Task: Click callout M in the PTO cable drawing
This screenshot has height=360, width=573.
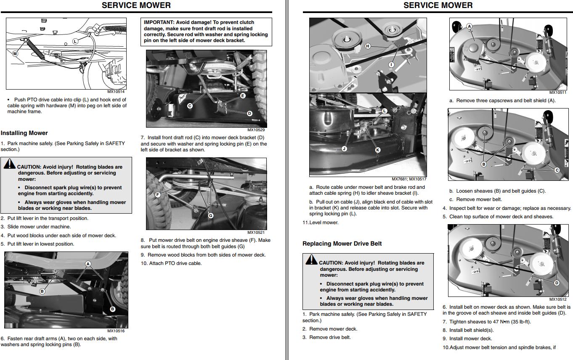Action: (15, 53)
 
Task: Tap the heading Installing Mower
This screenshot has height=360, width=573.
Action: (24, 133)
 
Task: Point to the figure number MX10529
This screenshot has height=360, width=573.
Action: (256, 130)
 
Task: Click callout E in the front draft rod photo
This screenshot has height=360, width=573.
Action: (243, 96)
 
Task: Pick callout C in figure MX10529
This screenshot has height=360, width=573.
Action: (190, 106)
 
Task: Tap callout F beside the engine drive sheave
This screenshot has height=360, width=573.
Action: (158, 195)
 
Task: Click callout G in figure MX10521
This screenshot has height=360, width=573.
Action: (211, 216)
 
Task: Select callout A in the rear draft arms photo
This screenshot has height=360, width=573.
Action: (88, 264)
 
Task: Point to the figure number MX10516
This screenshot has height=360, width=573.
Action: (116, 331)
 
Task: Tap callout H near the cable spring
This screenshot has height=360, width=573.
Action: (368, 46)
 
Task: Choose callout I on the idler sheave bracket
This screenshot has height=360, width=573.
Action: (391, 64)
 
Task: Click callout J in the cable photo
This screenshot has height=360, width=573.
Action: (344, 148)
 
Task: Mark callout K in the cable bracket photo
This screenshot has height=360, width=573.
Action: (377, 150)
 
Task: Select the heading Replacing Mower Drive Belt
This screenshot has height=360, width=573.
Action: (342, 244)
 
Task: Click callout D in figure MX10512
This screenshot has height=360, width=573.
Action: (557, 283)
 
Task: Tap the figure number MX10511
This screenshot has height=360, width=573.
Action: (557, 93)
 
